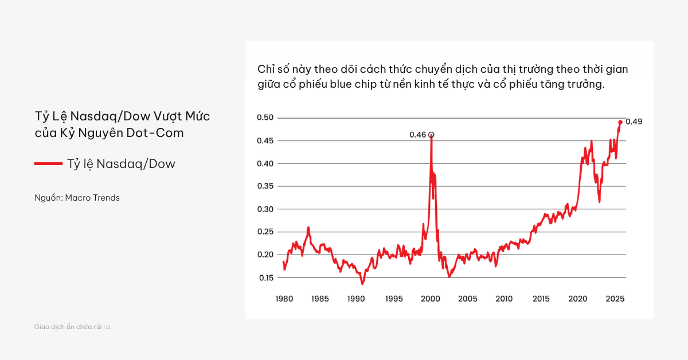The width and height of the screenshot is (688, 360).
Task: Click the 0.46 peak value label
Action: click(417, 135)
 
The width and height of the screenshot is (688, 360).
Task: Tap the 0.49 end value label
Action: click(634, 122)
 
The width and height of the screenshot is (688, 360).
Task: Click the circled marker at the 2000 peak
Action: click(431, 135)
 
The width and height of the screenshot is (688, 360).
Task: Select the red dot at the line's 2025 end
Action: click(620, 122)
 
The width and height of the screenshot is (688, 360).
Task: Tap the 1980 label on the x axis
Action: click(284, 299)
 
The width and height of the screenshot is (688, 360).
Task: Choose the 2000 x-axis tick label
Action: click(431, 299)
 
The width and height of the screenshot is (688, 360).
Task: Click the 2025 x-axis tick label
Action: click(615, 299)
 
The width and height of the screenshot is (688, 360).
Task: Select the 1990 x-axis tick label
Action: click(357, 299)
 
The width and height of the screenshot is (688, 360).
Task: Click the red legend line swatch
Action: click(48, 164)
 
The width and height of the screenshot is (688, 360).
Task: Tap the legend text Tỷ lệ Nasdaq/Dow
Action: click(121, 164)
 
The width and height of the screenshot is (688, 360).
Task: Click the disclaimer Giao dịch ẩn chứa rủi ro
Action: click(73, 327)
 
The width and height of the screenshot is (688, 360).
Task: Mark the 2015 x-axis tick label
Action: click(541, 299)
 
